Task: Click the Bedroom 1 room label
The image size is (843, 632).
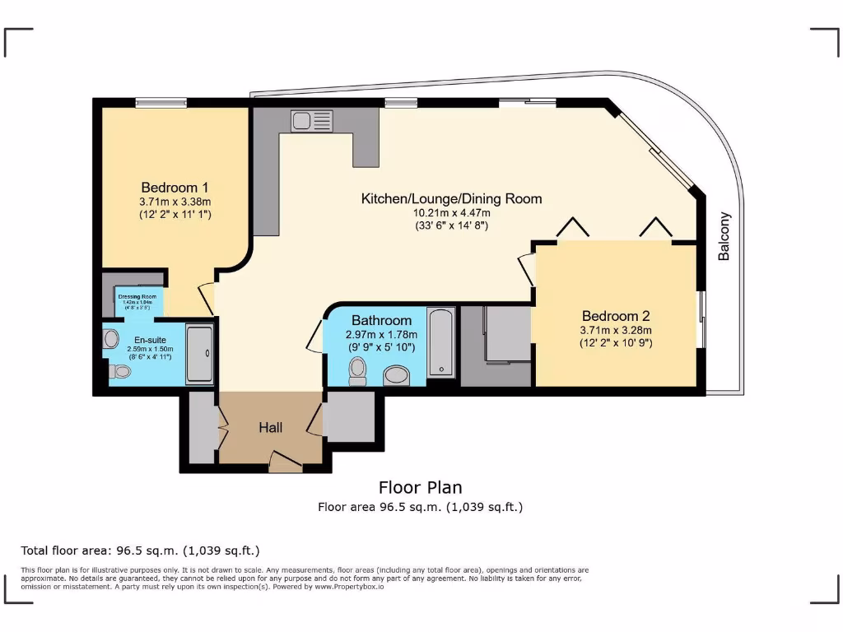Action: pyautogui.click(x=174, y=187)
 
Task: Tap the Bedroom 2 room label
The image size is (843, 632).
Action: pyautogui.click(x=616, y=316)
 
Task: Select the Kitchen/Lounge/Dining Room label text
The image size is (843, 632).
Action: pyautogui.click(x=451, y=198)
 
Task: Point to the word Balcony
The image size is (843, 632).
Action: pyautogui.click(x=724, y=236)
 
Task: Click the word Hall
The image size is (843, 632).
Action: pyautogui.click(x=271, y=427)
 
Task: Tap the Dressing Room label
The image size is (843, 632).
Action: pyautogui.click(x=137, y=296)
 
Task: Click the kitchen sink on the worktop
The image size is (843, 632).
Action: pyautogui.click(x=311, y=120)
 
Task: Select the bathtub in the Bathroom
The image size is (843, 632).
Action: pyautogui.click(x=441, y=342)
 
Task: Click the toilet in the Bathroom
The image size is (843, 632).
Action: pyautogui.click(x=357, y=373)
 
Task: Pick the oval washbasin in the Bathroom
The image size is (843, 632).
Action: pyautogui.click(x=397, y=376)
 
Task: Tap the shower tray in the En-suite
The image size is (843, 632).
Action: pyautogui.click(x=199, y=354)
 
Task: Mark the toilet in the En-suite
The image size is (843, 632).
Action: pyautogui.click(x=120, y=371)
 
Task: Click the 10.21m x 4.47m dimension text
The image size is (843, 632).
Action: pyautogui.click(x=451, y=212)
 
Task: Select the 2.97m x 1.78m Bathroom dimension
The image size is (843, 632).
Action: pyautogui.click(x=381, y=334)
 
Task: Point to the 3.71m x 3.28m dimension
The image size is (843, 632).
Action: pyautogui.click(x=616, y=330)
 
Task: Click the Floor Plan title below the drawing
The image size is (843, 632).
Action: pyautogui.click(x=421, y=487)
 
